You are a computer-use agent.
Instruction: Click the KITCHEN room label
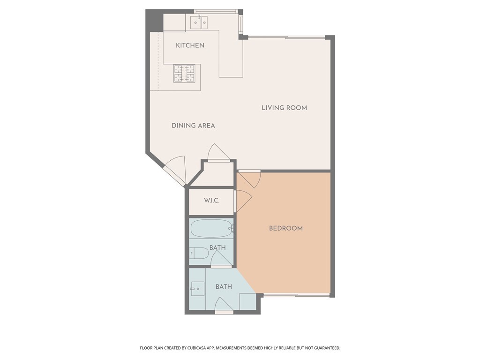coord(190,45)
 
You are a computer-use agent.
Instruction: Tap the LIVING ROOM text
coord(284,108)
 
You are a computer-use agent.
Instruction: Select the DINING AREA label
coord(193,126)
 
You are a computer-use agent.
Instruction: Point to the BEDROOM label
coord(285,228)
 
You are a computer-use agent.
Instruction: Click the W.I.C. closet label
coord(212,201)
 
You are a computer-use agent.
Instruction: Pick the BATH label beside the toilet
coord(217,247)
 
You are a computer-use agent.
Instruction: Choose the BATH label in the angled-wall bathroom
coord(224,286)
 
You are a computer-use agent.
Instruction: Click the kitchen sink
coord(200,22)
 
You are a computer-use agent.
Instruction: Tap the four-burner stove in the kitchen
coord(185,74)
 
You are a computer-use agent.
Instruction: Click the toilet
coord(199,254)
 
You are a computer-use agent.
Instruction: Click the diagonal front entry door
coord(175,170)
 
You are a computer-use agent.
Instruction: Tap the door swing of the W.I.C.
coord(243,200)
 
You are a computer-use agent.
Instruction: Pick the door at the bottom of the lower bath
coord(224,306)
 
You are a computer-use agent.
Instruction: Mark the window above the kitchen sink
coord(216,11)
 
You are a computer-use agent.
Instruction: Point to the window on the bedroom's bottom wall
coord(296,295)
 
